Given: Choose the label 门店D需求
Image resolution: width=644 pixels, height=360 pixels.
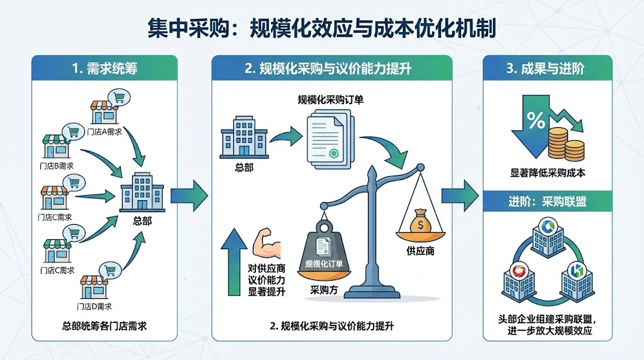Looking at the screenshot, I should (x=94, y=307).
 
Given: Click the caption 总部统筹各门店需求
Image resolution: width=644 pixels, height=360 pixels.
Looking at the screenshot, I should (x=105, y=325).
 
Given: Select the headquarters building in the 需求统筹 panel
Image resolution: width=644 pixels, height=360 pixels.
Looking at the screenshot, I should (x=142, y=192).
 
